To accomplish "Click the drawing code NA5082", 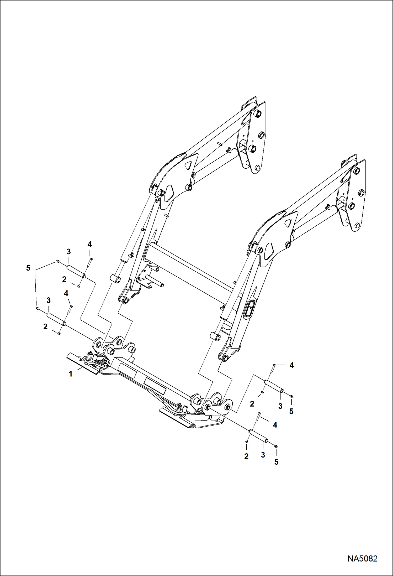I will pos(362,558).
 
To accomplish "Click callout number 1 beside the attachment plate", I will pos(70,374).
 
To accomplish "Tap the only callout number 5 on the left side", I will pos(28,268).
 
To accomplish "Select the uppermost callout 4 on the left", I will pos(89,245).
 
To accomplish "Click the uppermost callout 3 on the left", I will pos(68,252).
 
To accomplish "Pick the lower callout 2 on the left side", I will pos(45,327).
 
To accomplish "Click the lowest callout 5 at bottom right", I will pos(276,462).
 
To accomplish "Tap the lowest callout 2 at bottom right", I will pos(246,456).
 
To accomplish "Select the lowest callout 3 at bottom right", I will pos(263,455).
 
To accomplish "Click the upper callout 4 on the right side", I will pos(291,365).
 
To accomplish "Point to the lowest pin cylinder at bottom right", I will pos(258,436).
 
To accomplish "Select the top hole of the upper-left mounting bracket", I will pos(258,114).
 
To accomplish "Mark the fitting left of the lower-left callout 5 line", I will pos(38,308).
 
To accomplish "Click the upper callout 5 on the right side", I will pos(291,412).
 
